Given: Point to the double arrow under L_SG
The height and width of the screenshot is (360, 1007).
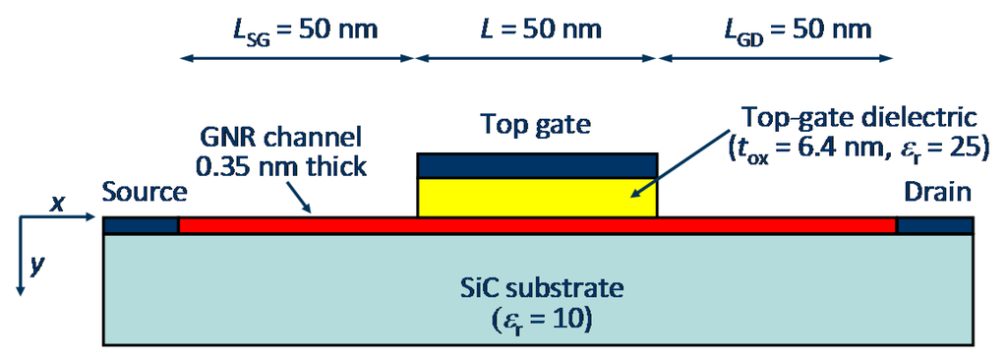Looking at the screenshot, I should point(297,59).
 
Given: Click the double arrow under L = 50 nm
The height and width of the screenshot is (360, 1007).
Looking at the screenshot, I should point(537,59).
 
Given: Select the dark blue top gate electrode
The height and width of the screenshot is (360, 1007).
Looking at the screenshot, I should point(537,165).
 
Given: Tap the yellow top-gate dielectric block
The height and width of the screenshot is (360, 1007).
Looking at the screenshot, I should point(537,197).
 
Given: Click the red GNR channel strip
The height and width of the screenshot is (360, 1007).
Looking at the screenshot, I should point(537,226).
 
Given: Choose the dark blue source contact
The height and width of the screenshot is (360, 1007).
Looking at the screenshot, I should point(141,226).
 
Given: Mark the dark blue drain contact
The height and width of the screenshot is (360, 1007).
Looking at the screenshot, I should point(935,226).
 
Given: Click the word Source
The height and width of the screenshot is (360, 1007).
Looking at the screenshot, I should point(144,193).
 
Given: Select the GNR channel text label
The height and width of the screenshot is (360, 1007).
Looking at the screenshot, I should point(280,137).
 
